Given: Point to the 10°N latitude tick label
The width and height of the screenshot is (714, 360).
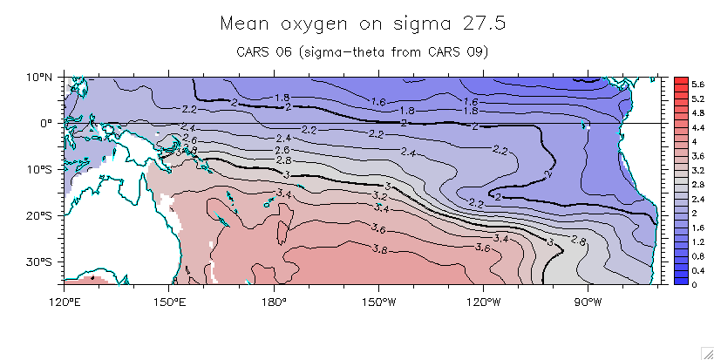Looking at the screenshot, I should [x=39, y=78].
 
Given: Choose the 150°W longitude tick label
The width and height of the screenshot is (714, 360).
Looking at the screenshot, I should [x=378, y=302].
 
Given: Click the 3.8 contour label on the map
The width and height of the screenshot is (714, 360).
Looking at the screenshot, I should [x=380, y=249].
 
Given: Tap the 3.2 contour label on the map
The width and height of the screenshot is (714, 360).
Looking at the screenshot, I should [x=381, y=197].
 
